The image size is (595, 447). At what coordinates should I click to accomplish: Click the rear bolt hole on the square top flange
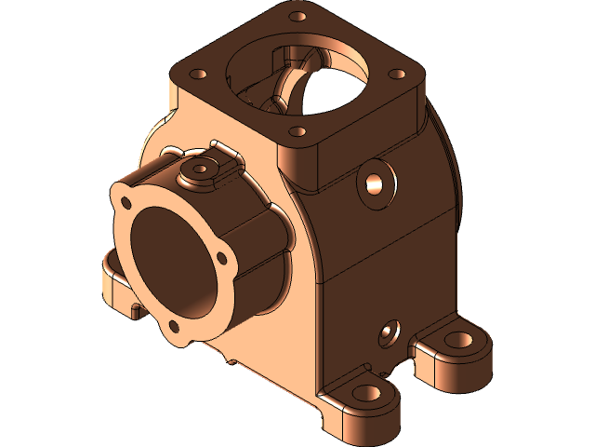pos(298,16)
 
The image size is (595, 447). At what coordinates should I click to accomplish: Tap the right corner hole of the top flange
pos(397,74)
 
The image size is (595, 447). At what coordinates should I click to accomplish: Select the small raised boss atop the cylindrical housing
pos(198,170)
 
